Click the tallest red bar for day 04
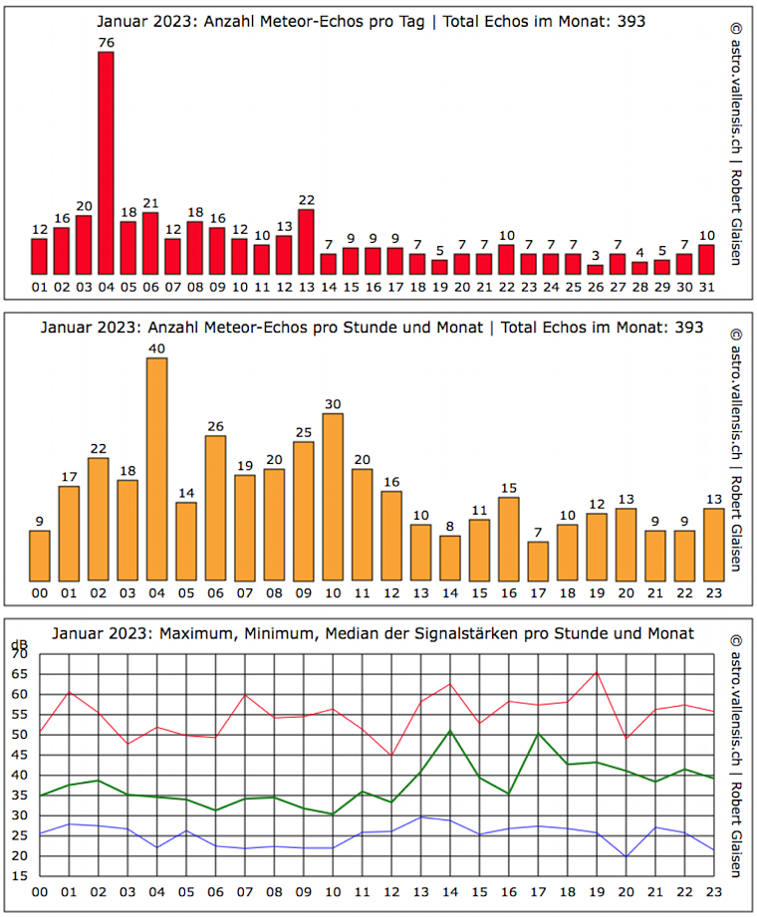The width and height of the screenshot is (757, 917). pyautogui.click(x=106, y=163)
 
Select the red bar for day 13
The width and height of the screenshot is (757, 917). pyautogui.click(x=306, y=242)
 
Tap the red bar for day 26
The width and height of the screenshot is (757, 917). pyautogui.click(x=595, y=269)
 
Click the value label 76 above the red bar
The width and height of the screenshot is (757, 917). pyautogui.click(x=106, y=42)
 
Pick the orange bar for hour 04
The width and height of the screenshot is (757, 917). pyautogui.click(x=156, y=469)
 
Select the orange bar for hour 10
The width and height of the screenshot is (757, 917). pyautogui.click(x=333, y=497)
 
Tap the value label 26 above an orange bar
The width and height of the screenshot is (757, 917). pyautogui.click(x=215, y=426)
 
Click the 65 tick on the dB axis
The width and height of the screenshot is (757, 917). pyautogui.click(x=20, y=674)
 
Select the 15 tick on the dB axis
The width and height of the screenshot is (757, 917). pyautogui.click(x=20, y=876)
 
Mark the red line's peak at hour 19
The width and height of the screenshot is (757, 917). pyautogui.click(x=597, y=672)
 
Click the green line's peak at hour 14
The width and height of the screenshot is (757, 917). pyautogui.click(x=450, y=731)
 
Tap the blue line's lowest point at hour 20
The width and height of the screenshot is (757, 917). pyautogui.click(x=626, y=856)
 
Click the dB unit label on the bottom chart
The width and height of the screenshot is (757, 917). pyautogui.click(x=18, y=644)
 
